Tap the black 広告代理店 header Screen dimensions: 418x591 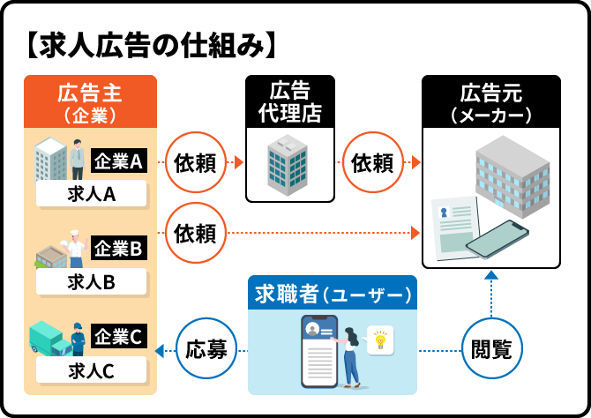(289, 101)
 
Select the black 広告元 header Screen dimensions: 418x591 (490, 102)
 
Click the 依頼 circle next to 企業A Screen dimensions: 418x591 (195, 163)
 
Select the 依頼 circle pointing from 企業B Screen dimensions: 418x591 (195, 233)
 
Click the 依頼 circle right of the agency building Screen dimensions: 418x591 (371, 163)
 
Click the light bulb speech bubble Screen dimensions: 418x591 (381, 338)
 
